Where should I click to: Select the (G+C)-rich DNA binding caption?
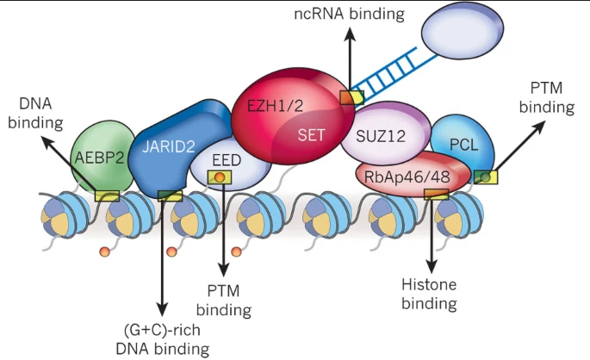(162, 338)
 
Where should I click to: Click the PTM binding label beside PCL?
(551, 98)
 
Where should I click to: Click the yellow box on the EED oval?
(220, 177)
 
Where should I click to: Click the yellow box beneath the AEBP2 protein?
(107, 196)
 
